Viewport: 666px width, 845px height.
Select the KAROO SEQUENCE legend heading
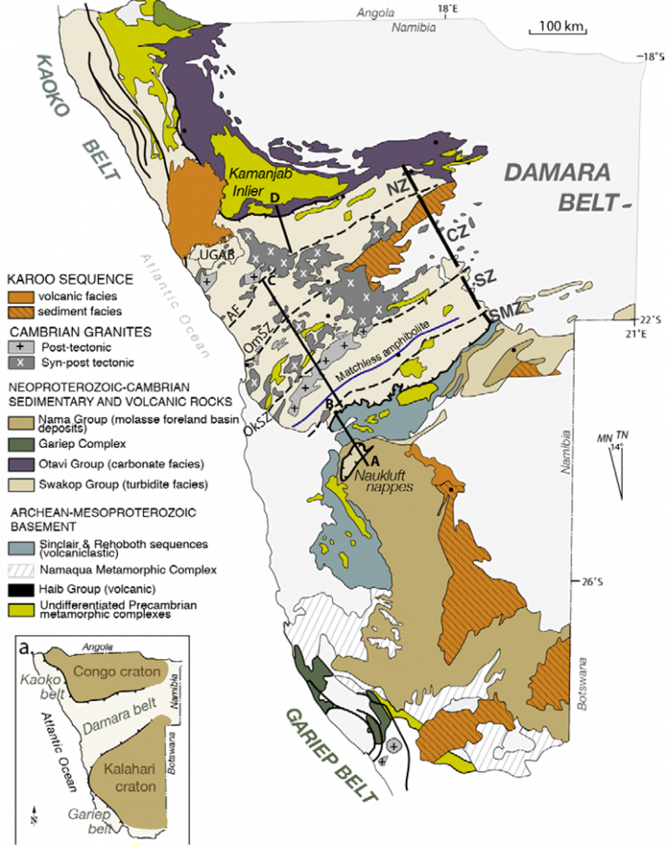69,279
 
